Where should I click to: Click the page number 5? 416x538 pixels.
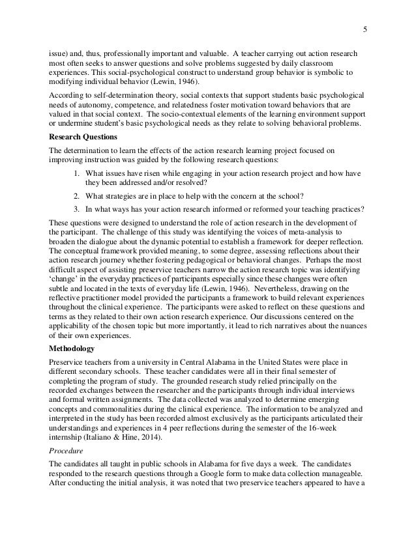(x=365, y=27)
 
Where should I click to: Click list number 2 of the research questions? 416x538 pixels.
(x=76, y=196)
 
